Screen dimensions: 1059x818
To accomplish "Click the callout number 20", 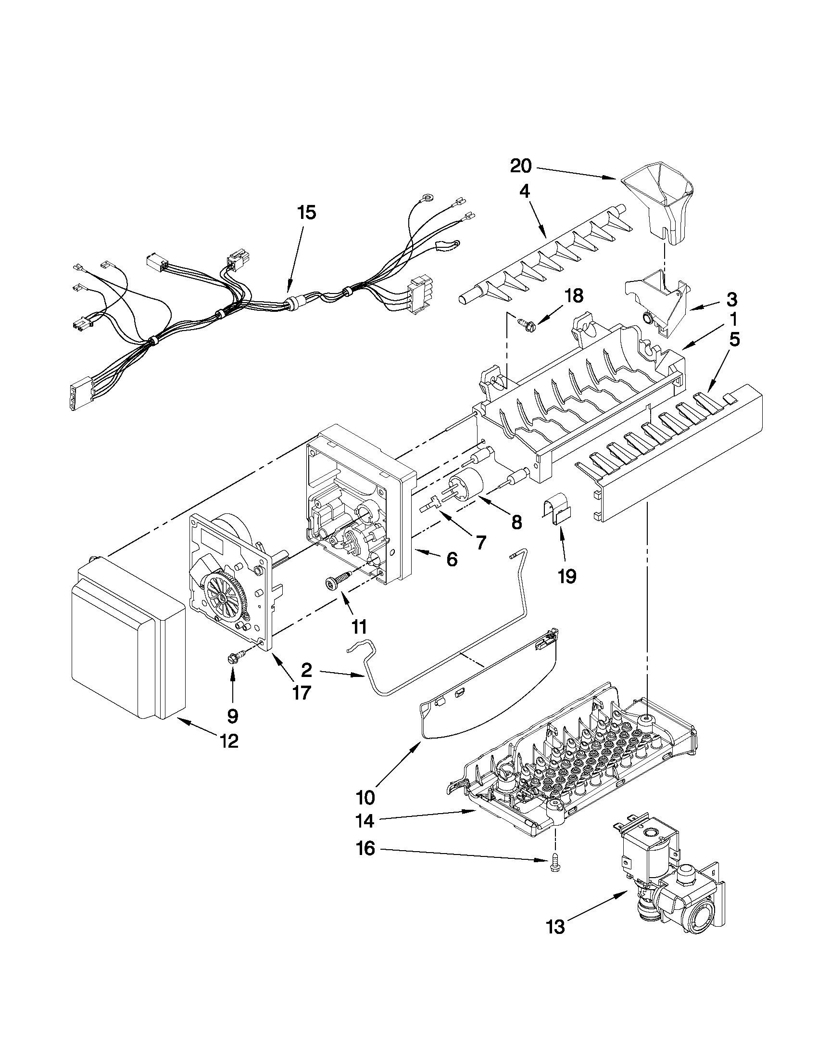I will point(520,166).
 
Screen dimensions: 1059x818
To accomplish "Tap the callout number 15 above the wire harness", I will point(307,212).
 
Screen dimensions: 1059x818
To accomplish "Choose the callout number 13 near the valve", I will point(557,927).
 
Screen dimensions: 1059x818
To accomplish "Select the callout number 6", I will point(451,560).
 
